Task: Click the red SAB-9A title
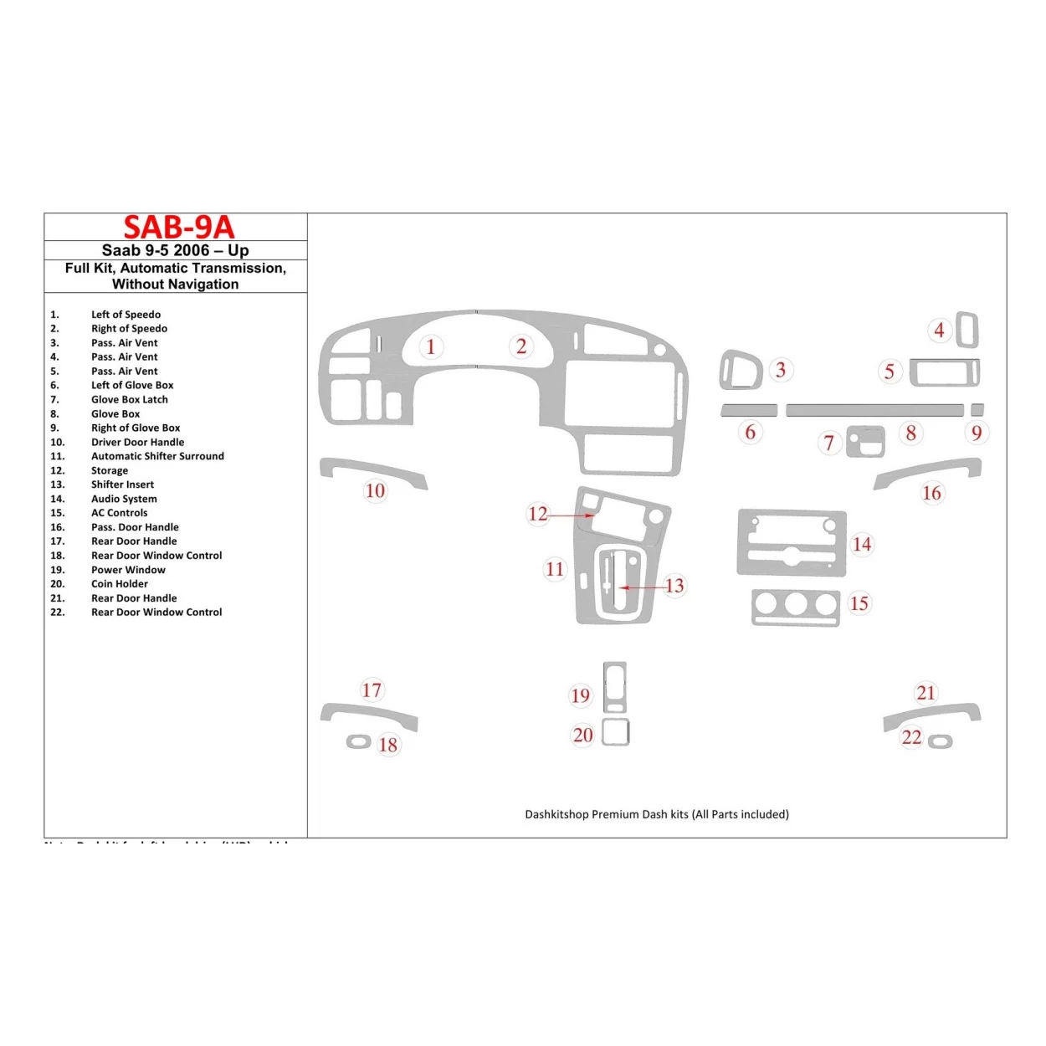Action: click(x=178, y=227)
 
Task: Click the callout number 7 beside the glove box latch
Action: click(x=828, y=443)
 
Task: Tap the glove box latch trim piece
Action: click(x=865, y=442)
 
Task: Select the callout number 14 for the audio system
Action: click(x=861, y=544)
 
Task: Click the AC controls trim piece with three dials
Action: click(x=796, y=608)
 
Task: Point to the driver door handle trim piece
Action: click(x=373, y=470)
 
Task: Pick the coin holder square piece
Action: click(x=615, y=732)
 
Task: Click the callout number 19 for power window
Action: click(x=580, y=695)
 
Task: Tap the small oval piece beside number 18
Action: click(x=359, y=742)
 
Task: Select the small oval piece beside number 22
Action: click(x=941, y=742)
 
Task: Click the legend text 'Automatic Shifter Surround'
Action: click(x=157, y=456)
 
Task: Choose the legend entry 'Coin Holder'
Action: click(x=120, y=584)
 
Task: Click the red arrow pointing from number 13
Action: click(x=641, y=587)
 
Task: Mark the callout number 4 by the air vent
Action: click(x=939, y=331)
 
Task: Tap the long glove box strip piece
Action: click(x=874, y=410)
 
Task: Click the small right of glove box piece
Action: click(x=977, y=410)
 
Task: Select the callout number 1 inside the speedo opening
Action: click(x=430, y=346)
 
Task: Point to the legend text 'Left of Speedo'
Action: click(x=126, y=315)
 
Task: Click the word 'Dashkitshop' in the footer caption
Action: click(x=556, y=814)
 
